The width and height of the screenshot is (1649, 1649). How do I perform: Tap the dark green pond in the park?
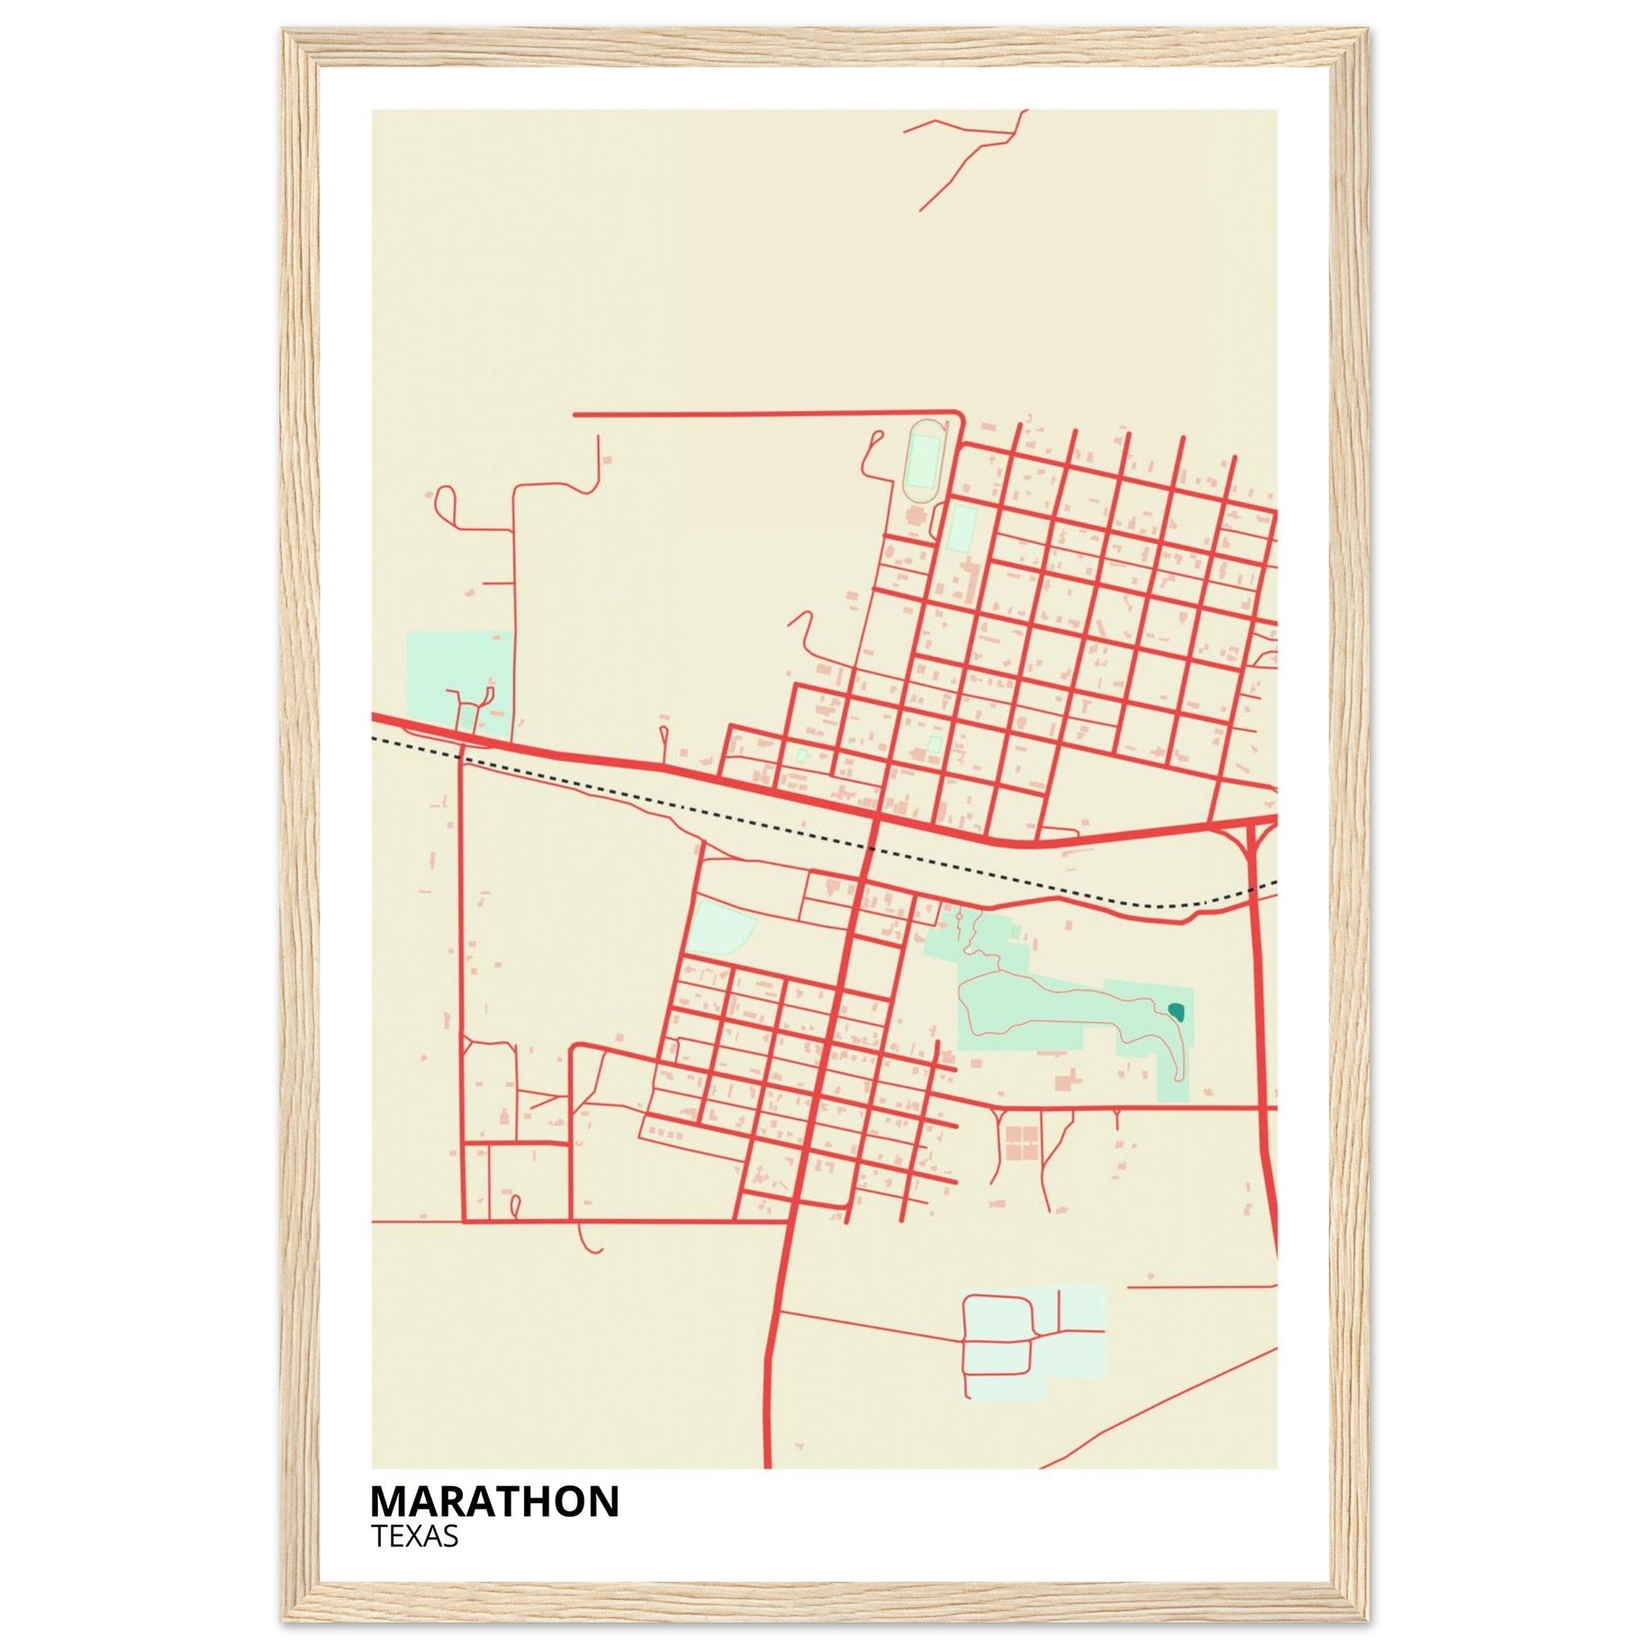1177,1012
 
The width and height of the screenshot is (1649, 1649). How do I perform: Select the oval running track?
924,461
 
